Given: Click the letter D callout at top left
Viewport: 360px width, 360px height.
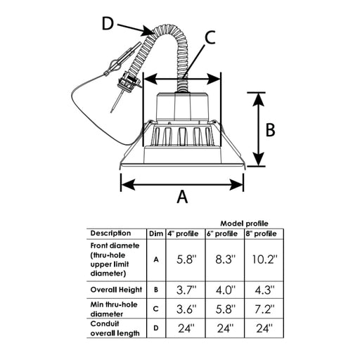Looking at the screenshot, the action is (x=108, y=24).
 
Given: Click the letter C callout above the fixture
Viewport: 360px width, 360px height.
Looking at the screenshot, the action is (x=210, y=38).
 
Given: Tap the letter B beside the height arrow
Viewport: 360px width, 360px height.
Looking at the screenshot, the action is (x=271, y=130).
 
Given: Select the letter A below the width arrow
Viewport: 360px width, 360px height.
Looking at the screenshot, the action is (x=182, y=196).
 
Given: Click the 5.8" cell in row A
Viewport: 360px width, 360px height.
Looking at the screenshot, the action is (x=186, y=259).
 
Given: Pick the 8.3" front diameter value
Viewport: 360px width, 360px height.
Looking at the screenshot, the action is (x=225, y=259).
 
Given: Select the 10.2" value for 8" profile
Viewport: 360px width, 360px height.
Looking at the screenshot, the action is (x=265, y=259).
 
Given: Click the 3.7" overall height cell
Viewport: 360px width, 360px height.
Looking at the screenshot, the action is (x=186, y=290).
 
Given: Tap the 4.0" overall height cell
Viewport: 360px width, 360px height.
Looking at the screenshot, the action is (x=225, y=290).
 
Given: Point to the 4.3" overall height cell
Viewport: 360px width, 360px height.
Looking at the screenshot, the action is (x=264, y=290).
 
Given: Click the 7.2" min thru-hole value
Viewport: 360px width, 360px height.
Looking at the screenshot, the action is (x=264, y=309).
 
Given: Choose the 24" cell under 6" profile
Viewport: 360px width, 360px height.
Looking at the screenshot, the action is (x=225, y=328).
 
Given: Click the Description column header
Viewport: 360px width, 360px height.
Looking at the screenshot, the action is (x=110, y=233).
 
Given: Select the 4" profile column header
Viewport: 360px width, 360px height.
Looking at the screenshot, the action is (x=183, y=233).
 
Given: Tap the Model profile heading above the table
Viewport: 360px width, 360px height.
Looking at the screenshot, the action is (x=244, y=224).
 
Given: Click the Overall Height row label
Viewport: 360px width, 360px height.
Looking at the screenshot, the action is (x=116, y=290).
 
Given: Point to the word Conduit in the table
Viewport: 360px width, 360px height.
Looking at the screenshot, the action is (x=105, y=323).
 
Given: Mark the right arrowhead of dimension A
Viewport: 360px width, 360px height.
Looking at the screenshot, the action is (x=237, y=185).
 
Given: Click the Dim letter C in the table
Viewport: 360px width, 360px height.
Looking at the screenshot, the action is (x=156, y=309).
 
